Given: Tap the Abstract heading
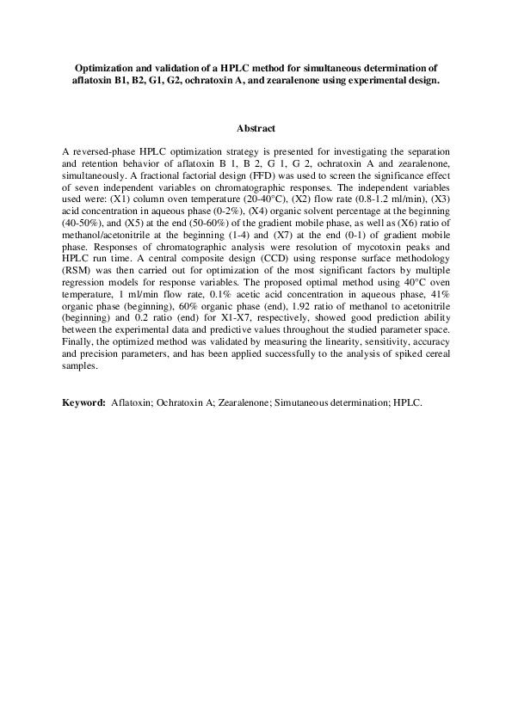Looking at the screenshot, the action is point(256,129).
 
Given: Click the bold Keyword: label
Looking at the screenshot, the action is point(84,402).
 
